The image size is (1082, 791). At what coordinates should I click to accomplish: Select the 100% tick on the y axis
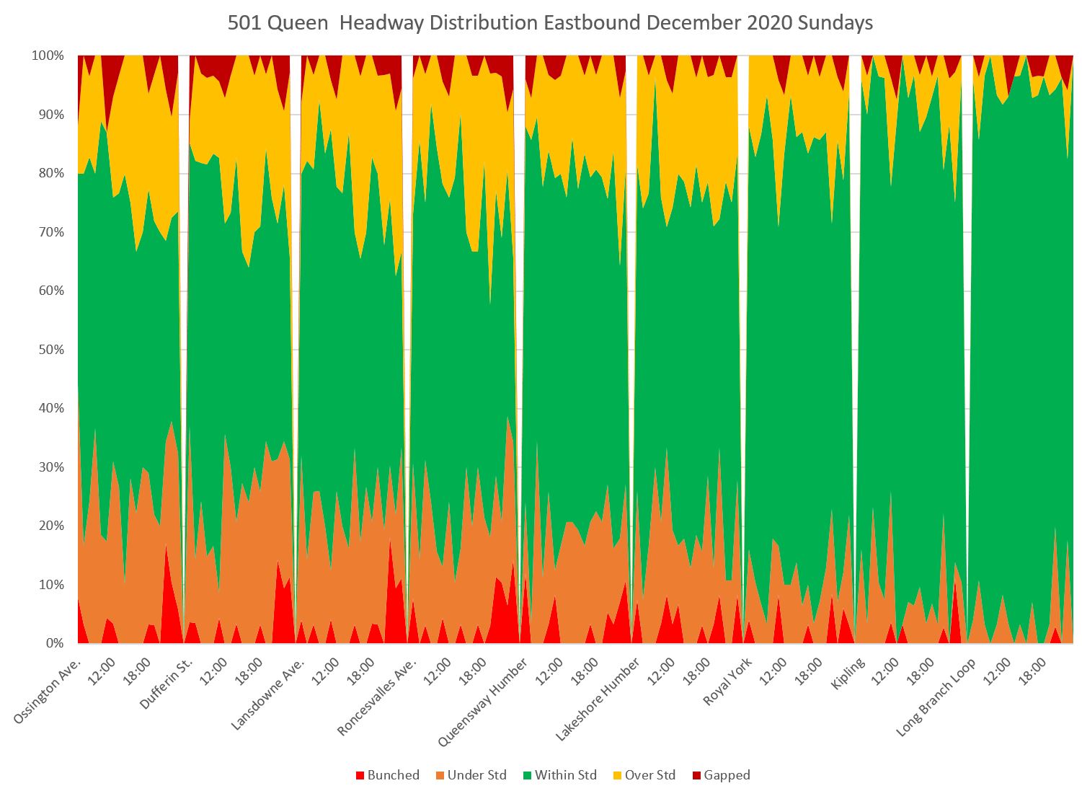pos(49,56)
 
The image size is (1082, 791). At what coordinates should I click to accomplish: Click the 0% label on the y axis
pos(55,643)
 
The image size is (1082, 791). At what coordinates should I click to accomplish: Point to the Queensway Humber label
pos(485,699)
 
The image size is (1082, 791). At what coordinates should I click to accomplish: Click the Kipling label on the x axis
pos(848,674)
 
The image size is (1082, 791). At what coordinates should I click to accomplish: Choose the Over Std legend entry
pos(649,775)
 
